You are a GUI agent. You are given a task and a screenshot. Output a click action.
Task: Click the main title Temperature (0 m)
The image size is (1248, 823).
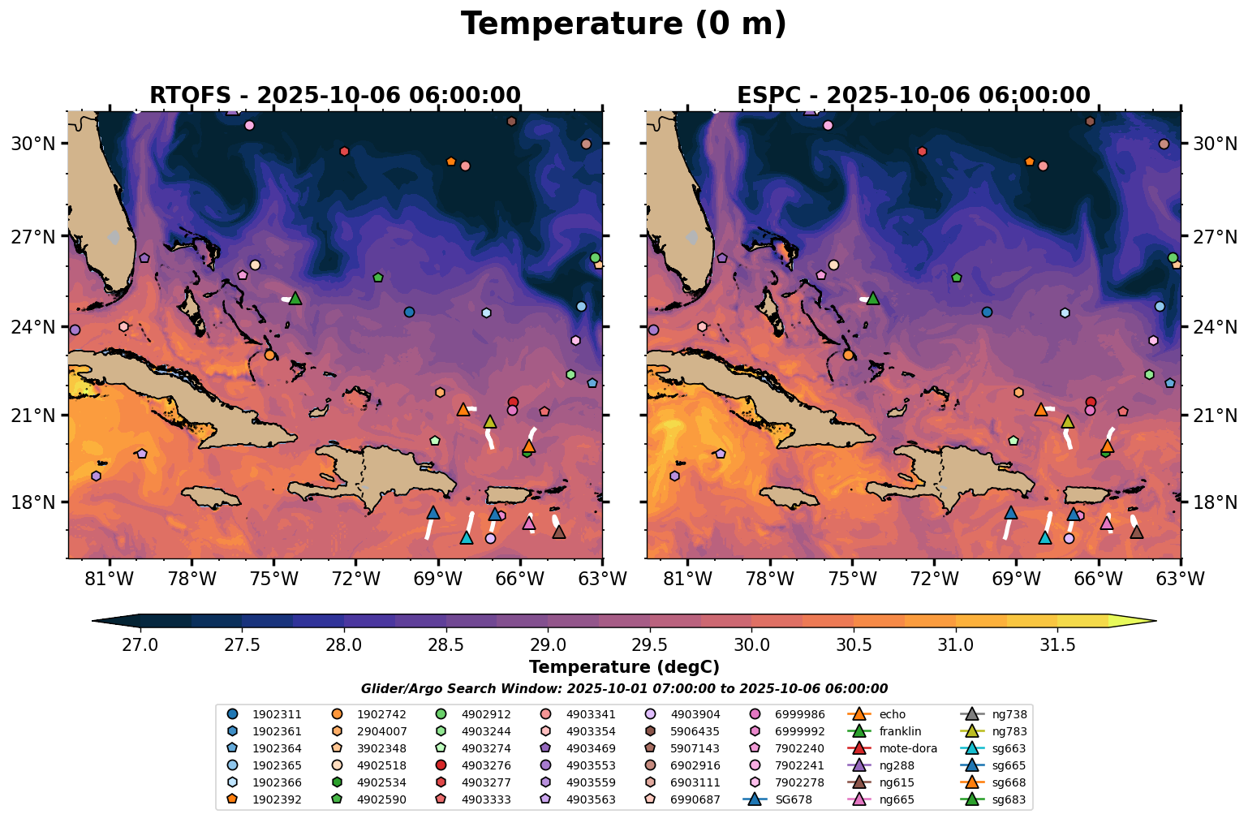click(x=623, y=24)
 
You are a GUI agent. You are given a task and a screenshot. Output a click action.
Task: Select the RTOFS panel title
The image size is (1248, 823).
click(x=334, y=95)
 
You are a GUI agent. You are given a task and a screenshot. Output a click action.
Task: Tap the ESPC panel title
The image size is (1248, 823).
click(x=913, y=95)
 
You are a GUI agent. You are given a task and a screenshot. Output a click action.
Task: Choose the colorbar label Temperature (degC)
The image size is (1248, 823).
click(x=623, y=667)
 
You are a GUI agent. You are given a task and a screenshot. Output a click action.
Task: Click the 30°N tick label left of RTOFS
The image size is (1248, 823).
click(x=33, y=144)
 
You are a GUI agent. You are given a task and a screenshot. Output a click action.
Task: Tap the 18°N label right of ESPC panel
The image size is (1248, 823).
click(x=1215, y=502)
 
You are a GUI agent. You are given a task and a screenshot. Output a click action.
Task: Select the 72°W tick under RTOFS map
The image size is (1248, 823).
click(x=356, y=579)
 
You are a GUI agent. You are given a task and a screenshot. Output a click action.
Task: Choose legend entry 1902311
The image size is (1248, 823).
click(x=277, y=714)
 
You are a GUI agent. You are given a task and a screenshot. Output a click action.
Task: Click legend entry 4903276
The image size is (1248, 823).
click(x=485, y=765)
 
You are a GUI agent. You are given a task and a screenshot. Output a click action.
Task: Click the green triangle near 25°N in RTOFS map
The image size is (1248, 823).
click(x=295, y=298)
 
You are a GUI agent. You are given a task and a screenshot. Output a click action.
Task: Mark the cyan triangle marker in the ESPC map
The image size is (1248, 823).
click(x=1044, y=537)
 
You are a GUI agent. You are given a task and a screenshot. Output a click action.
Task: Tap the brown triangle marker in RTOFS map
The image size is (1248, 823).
click(x=558, y=532)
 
